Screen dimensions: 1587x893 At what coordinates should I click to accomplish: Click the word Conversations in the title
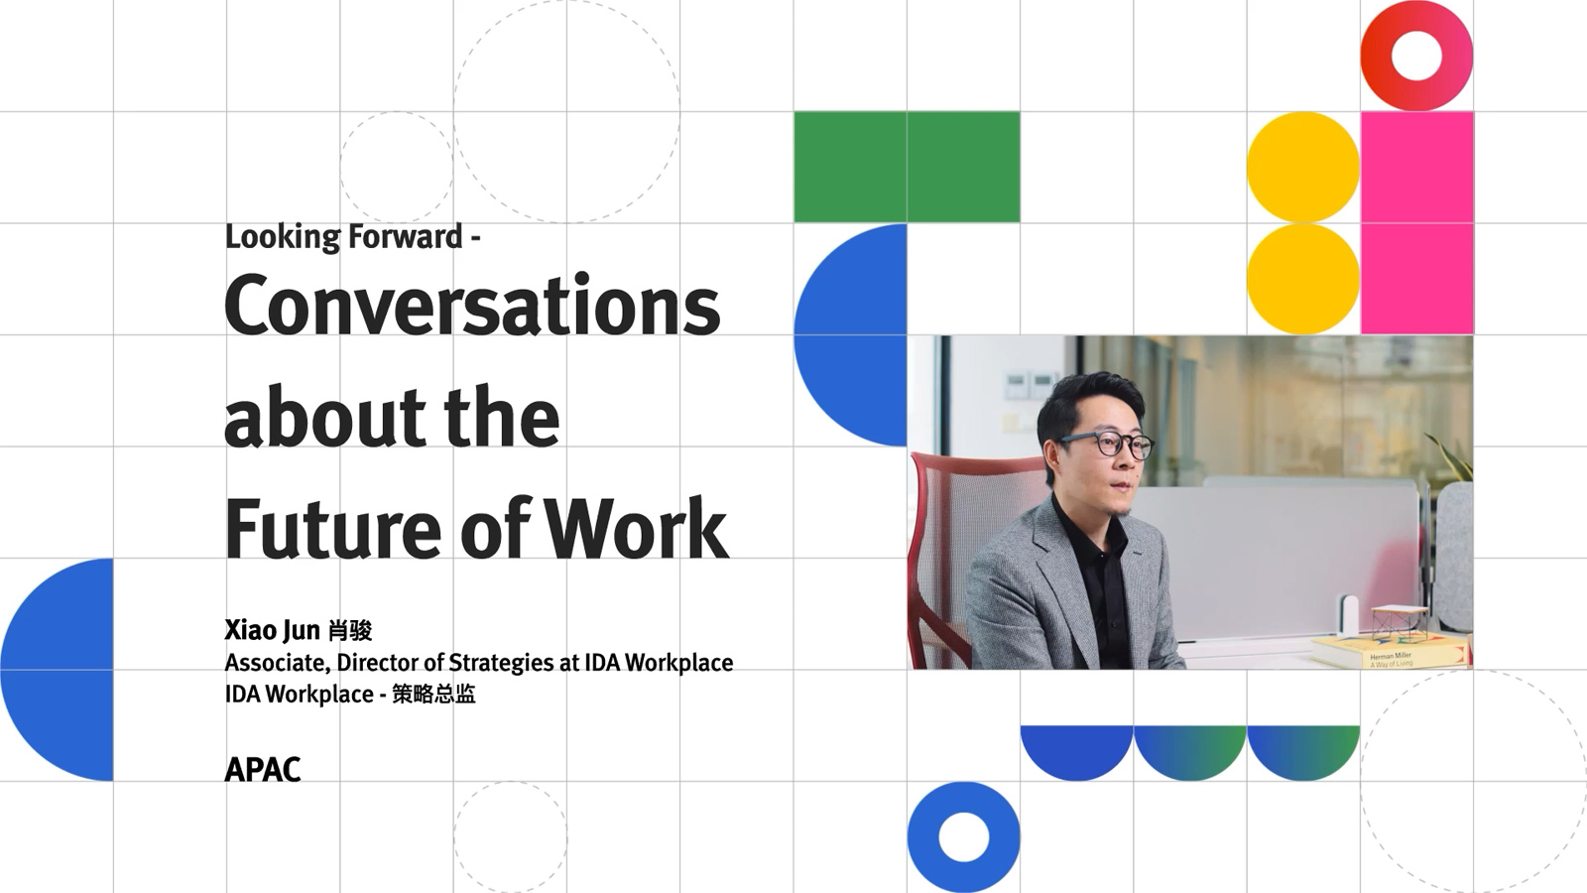[x=472, y=305]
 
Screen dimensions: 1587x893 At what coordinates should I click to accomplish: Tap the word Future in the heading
[x=333, y=529]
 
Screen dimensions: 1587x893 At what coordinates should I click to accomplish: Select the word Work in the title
[x=636, y=529]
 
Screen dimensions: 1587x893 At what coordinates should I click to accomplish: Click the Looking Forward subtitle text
[x=353, y=237]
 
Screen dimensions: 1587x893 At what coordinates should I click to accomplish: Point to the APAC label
[x=263, y=770]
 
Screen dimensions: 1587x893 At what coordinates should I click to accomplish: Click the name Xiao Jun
[x=272, y=629]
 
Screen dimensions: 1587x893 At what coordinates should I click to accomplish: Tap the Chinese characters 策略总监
[x=433, y=694]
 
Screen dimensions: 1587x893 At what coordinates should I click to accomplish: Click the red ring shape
[x=1416, y=84]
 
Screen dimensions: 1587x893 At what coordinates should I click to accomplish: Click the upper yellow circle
[x=1303, y=168]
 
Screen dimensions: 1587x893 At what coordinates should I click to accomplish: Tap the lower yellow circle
[x=1303, y=279]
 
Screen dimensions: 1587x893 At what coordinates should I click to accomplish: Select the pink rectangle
[x=1417, y=222]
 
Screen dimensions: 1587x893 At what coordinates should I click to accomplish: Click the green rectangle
[x=907, y=168]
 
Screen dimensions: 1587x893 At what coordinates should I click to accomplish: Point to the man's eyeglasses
[x=1109, y=445]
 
